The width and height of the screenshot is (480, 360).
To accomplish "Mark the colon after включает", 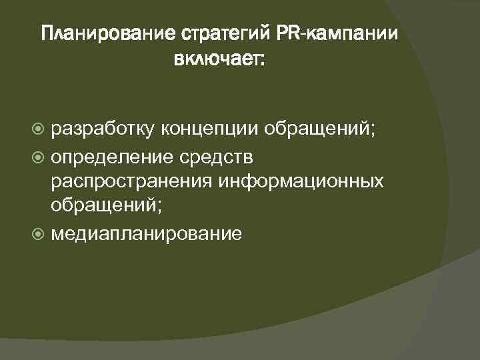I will click(x=262, y=62).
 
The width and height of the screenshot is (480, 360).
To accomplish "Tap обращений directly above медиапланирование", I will click(x=103, y=207).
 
